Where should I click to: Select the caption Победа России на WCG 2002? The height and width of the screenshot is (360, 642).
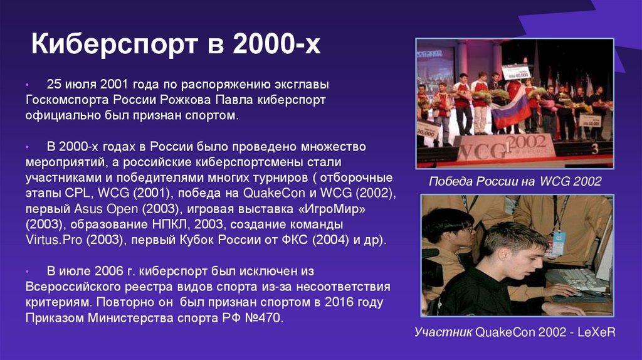(x=515, y=182)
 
